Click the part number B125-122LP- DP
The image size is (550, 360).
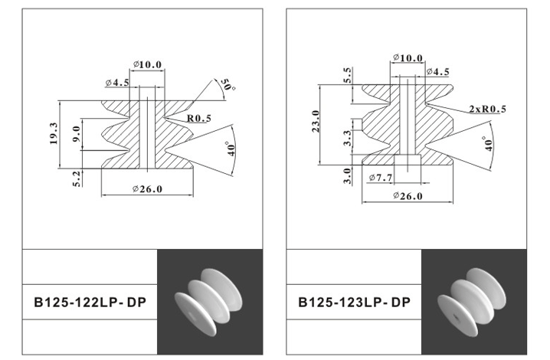point(90,302)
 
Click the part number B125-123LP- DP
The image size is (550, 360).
point(354,302)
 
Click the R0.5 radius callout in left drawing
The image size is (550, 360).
point(198,118)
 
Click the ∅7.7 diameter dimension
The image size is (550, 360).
point(381,178)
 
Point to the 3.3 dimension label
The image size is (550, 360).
point(348,138)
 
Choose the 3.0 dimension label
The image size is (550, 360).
point(348,175)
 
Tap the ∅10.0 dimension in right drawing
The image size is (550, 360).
point(406,58)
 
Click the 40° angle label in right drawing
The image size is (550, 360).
point(489,144)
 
